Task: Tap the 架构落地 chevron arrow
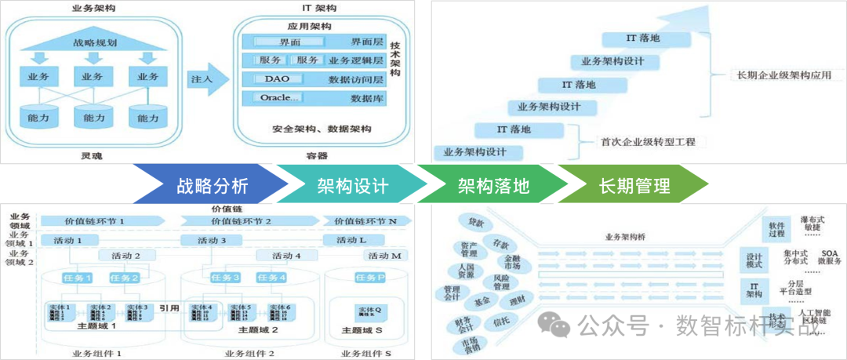pos(493,186)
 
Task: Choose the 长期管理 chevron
pos(634,186)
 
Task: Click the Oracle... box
pos(281,98)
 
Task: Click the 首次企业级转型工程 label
pos(648,142)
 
